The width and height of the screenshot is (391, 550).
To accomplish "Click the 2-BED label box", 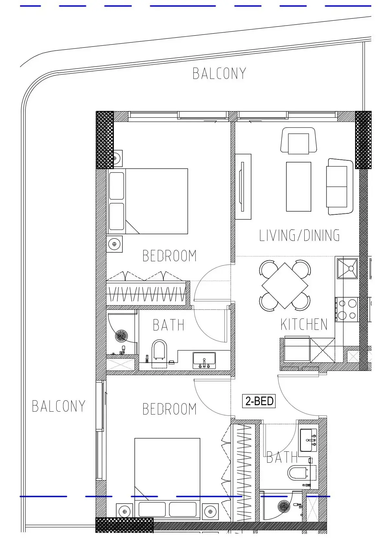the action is (259, 401).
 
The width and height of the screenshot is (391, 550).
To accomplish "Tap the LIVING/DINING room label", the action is (299, 235).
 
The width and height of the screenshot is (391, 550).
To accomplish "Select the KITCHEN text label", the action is (304, 324).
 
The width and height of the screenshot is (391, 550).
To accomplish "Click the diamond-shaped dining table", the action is (285, 286).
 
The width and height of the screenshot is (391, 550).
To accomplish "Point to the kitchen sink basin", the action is (347, 269).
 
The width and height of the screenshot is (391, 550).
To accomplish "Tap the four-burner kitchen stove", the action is (347, 309).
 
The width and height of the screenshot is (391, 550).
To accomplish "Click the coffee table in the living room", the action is (299, 187).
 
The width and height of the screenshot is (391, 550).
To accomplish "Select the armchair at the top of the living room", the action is (299, 141).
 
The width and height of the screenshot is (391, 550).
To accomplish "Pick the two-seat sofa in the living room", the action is (340, 187).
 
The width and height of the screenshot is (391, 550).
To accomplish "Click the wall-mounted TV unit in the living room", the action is (243, 187).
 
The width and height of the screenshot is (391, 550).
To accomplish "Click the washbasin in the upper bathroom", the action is (204, 360).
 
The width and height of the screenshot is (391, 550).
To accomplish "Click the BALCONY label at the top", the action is (219, 73).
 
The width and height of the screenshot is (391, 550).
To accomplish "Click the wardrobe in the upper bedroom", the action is (147, 293).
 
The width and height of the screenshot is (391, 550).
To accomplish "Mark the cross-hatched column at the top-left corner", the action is (105, 140).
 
